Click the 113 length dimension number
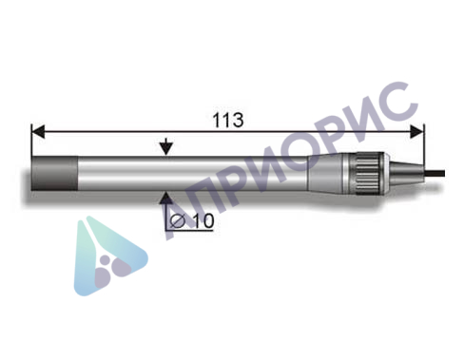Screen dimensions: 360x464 click(x=228, y=121)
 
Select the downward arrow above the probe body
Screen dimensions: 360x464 click(x=167, y=147)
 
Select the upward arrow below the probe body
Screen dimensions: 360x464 click(x=167, y=198)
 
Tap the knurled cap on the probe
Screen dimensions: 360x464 click(x=366, y=174)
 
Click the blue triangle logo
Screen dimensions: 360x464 click(x=109, y=252)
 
